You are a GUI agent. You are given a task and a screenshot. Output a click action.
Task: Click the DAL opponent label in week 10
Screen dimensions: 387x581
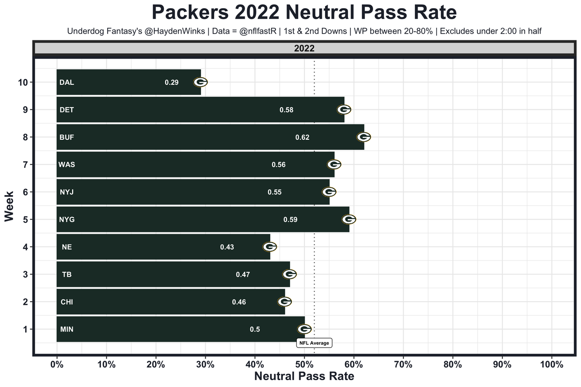tap(66, 83)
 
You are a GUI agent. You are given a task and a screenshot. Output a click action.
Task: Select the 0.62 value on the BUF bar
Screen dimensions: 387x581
tap(302, 137)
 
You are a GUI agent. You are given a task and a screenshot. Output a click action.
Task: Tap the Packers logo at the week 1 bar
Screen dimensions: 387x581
tap(304, 329)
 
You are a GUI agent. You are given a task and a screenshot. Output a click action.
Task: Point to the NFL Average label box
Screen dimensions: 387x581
tap(314, 343)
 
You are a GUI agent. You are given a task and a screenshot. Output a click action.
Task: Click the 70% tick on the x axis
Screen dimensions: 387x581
tap(403, 365)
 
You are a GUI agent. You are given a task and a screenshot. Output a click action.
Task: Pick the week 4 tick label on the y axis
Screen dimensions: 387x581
tap(25, 247)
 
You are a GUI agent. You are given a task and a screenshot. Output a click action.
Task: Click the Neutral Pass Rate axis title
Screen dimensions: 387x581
tap(304, 376)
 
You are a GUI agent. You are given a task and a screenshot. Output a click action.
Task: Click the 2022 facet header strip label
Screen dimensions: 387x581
tap(304, 49)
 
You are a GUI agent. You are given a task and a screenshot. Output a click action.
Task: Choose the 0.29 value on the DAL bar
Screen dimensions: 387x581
tap(172, 83)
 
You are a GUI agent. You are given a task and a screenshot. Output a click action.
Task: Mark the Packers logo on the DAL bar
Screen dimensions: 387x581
tap(201, 82)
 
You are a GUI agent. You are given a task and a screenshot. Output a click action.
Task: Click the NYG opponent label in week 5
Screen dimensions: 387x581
tap(67, 220)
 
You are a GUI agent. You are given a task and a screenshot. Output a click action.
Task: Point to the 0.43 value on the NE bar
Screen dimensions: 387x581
tap(227, 247)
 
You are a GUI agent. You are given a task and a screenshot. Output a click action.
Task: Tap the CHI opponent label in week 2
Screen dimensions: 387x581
tap(67, 302)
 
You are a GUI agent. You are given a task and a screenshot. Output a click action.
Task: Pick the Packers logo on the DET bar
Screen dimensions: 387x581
tap(344, 109)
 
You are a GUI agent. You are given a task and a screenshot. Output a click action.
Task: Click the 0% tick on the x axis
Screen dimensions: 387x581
tap(57, 365)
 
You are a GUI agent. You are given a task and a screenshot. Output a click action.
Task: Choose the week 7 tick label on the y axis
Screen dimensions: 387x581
tap(25, 165)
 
